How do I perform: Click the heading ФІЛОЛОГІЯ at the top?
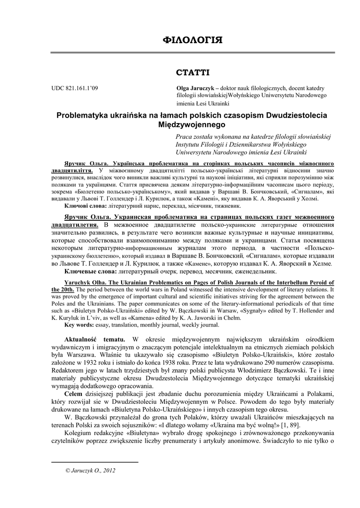click(192, 39)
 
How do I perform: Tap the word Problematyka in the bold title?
click(83, 115)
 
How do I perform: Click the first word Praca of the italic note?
click(185, 136)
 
